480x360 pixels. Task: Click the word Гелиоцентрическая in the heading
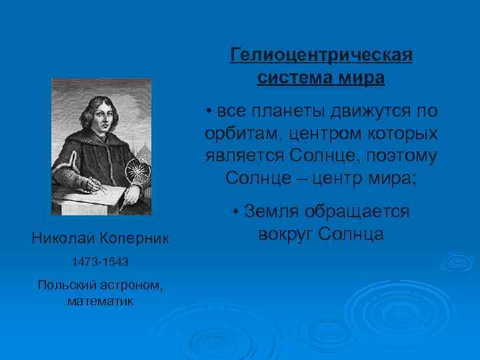321,55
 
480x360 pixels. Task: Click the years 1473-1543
100,262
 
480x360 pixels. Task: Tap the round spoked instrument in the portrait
138,169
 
